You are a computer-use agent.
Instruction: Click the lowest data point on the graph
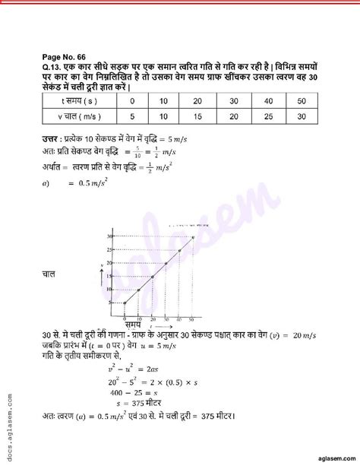click(x=124, y=303)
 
